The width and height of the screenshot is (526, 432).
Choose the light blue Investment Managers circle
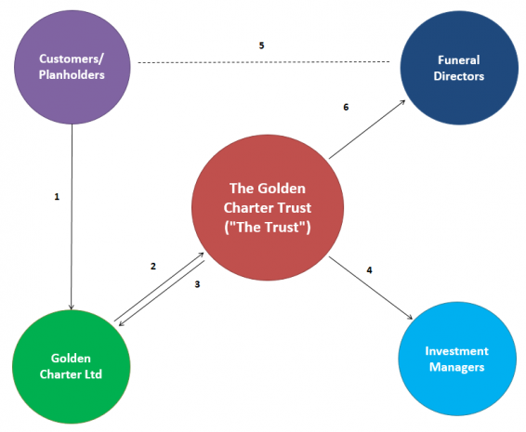(x=455, y=360)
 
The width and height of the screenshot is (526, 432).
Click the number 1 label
(x=57, y=197)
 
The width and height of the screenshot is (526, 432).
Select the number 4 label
(x=369, y=270)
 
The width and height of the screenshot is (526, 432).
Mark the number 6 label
(x=346, y=108)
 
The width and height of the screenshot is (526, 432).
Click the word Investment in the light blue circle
(x=455, y=352)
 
